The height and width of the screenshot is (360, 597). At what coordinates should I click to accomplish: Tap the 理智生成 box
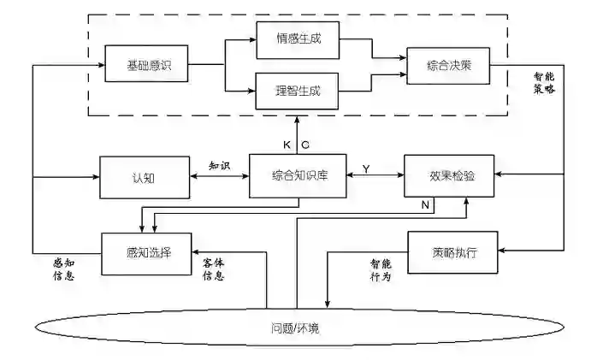(298, 90)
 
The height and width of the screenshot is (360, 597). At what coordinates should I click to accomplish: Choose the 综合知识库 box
(298, 176)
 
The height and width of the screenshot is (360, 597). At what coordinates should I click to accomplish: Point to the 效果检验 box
(451, 176)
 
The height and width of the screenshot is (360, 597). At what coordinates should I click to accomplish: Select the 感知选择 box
(145, 254)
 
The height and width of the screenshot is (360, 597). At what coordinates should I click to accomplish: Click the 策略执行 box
(453, 252)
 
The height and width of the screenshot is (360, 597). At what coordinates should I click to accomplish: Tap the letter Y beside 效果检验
(366, 169)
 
